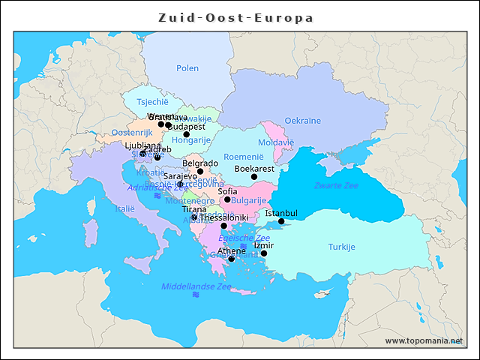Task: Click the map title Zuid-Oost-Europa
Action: tap(236, 17)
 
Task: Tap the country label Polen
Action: tap(187, 68)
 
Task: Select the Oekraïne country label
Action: tap(302, 121)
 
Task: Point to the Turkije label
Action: tap(341, 247)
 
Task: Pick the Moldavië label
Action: tap(276, 142)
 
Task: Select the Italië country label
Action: tap(124, 209)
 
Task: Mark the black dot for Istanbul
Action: tap(281, 221)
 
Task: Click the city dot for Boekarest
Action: tap(254, 177)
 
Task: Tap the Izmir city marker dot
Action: tap(264, 253)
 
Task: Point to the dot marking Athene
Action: tap(232, 259)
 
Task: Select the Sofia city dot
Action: tap(227, 199)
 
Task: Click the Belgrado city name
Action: tap(200, 163)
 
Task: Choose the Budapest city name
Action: tap(187, 127)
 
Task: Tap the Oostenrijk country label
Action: tap(131, 132)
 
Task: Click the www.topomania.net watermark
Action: tap(424, 341)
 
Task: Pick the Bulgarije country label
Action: tap(249, 201)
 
